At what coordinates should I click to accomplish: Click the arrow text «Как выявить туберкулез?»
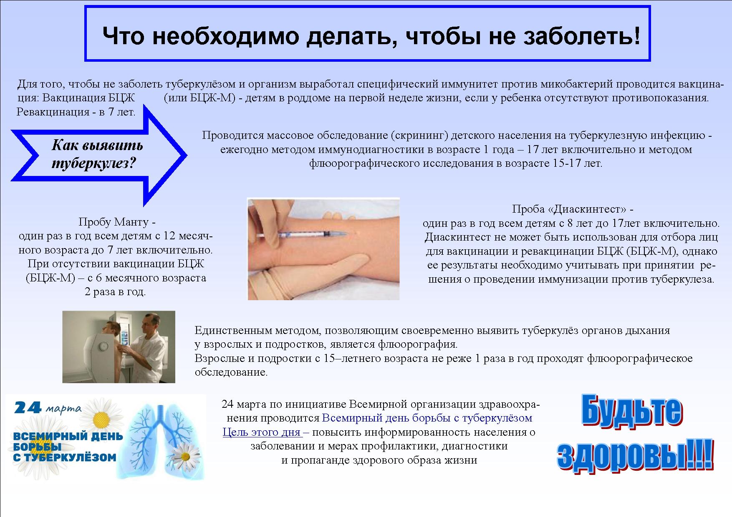pyautogui.click(x=97, y=154)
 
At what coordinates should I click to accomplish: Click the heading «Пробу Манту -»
pyautogui.click(x=117, y=222)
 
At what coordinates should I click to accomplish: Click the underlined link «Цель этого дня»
pyautogui.click(x=262, y=432)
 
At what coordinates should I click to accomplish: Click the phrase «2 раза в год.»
pyautogui.click(x=116, y=291)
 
